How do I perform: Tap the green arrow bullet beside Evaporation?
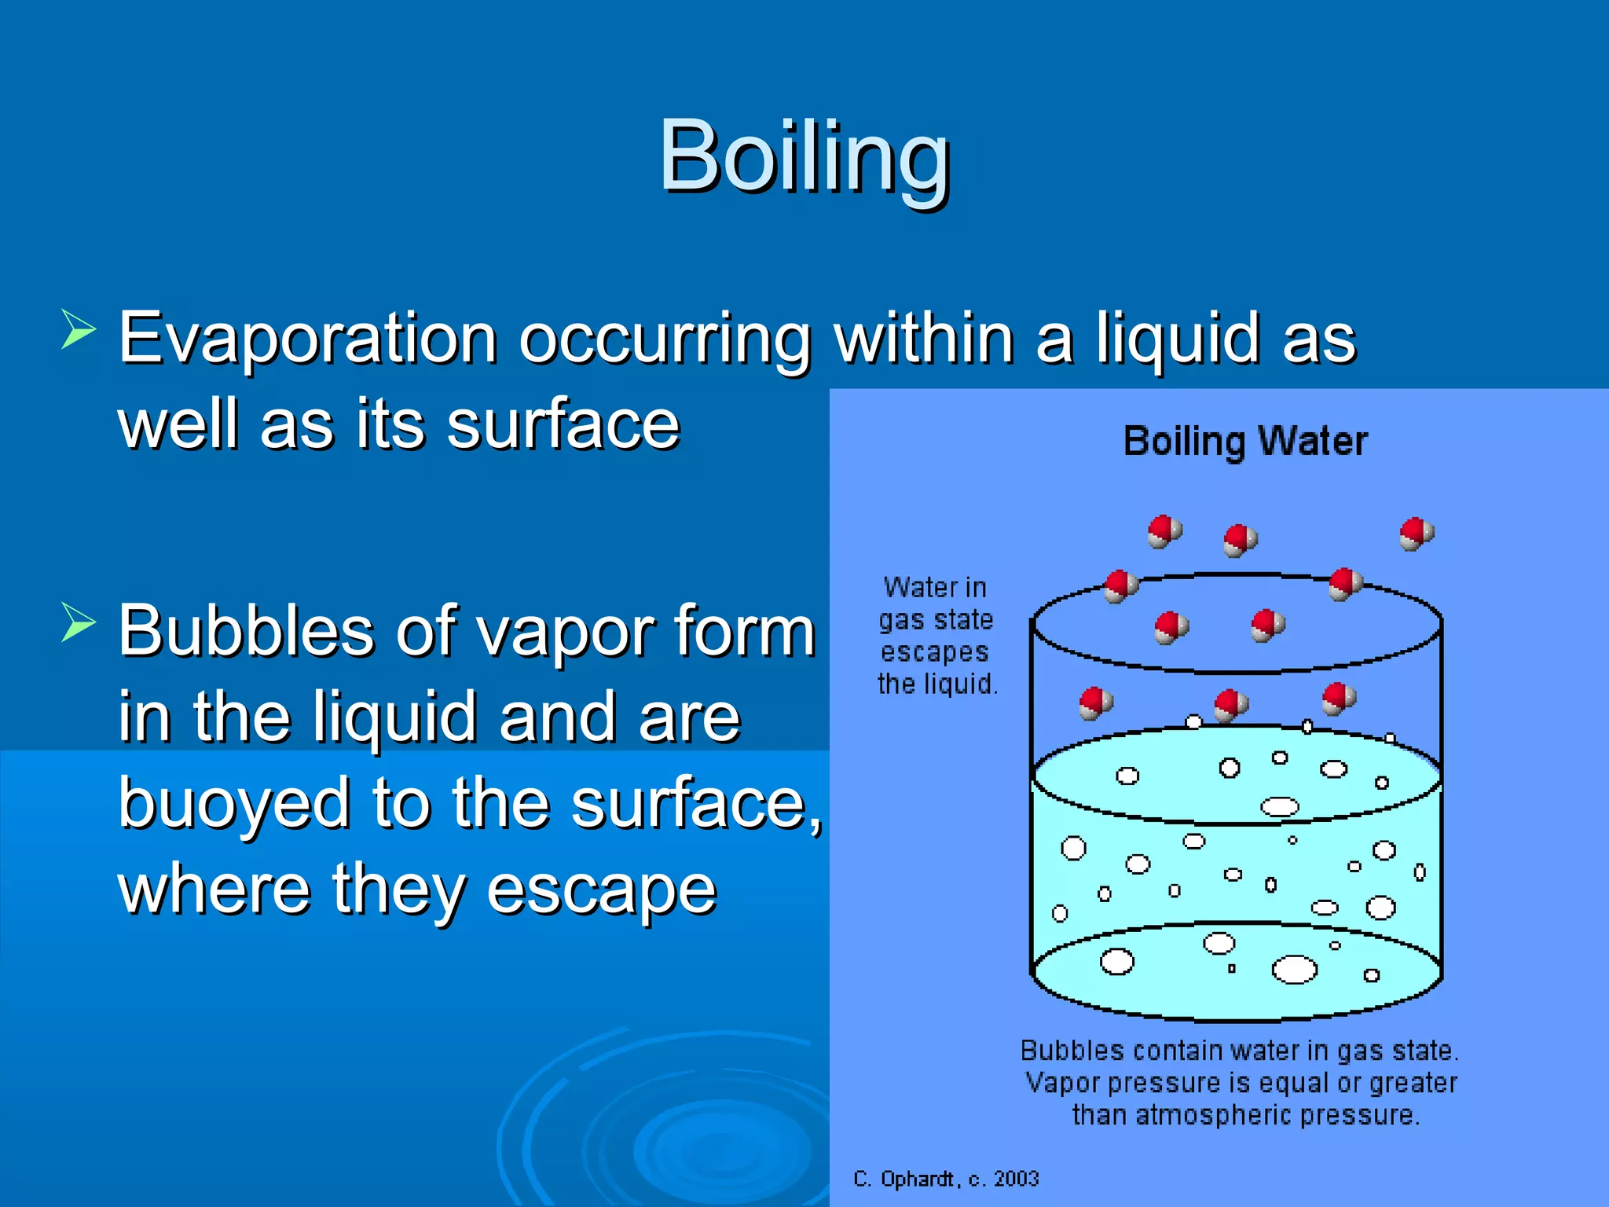(78, 329)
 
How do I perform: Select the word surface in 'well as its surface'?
(563, 424)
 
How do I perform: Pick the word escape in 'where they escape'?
(601, 890)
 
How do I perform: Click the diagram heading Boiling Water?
(1245, 441)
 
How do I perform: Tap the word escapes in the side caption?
(934, 652)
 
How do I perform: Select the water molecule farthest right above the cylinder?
(1416, 534)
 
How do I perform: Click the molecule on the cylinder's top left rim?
(1120, 585)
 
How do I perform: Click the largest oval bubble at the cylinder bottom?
(1294, 969)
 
